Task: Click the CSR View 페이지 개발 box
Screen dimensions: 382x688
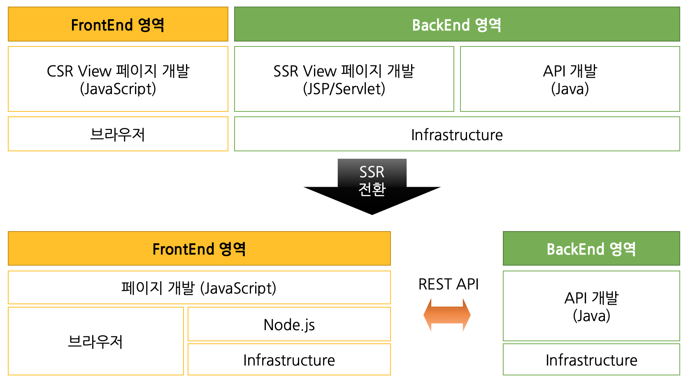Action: point(118,79)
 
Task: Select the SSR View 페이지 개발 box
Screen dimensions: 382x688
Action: point(344,79)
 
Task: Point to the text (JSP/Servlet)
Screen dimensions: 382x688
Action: point(344,89)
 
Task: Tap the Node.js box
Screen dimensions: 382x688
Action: point(289,324)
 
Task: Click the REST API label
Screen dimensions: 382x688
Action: point(449,284)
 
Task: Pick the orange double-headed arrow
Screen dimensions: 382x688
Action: point(447,315)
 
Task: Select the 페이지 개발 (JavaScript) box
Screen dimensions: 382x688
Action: point(199,288)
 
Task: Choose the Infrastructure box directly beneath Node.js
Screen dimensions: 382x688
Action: point(289,360)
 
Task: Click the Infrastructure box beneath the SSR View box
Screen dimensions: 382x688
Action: point(457,134)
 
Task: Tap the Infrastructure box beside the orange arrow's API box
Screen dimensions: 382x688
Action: point(591,360)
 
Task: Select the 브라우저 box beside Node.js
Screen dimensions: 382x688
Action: point(95,341)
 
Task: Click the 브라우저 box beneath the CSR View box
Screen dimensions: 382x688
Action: point(118,134)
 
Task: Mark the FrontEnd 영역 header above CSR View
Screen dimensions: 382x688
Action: point(118,25)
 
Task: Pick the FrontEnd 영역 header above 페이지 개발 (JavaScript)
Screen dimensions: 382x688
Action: point(199,249)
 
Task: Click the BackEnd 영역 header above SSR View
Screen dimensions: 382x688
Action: point(457,25)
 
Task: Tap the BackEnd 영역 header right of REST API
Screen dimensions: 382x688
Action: point(591,249)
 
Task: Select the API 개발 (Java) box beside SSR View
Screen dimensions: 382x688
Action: point(570,79)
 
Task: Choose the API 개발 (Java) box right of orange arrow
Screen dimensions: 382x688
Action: point(591,306)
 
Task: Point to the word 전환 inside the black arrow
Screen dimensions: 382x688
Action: point(372,189)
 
